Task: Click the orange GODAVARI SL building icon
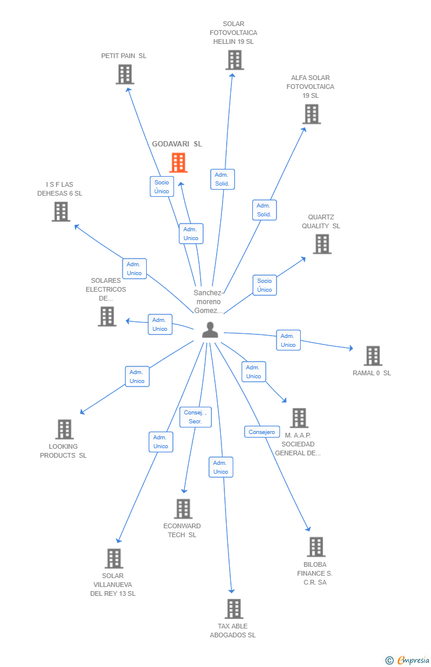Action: (x=178, y=162)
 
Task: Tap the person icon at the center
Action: (x=210, y=330)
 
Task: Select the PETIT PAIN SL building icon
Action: (x=124, y=75)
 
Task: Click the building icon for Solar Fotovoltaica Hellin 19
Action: (x=234, y=60)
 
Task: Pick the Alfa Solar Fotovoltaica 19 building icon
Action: (x=311, y=114)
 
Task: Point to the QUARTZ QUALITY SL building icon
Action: (x=321, y=244)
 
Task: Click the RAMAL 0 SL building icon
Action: (x=372, y=356)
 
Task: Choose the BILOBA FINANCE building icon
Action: (x=316, y=547)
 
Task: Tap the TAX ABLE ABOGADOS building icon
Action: (x=234, y=609)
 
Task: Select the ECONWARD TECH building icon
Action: (x=183, y=509)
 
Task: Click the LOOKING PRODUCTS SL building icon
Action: (x=64, y=429)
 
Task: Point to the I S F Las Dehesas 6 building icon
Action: (x=60, y=212)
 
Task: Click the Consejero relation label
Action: (x=262, y=432)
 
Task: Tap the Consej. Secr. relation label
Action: (x=195, y=417)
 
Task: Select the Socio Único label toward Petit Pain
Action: (x=162, y=187)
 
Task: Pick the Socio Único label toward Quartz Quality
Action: (x=265, y=285)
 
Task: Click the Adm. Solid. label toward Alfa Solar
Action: (x=264, y=210)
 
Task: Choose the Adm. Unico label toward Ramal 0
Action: (x=288, y=340)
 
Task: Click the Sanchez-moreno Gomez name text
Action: (x=208, y=301)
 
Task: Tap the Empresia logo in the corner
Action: (x=408, y=660)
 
